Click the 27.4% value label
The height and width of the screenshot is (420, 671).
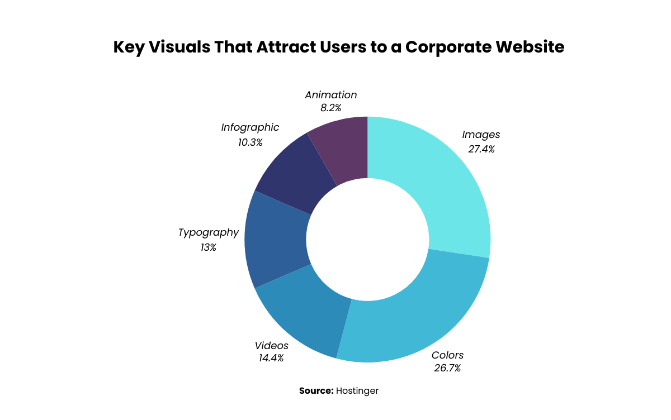pos(481,149)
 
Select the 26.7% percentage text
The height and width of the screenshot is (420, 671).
pos(447,368)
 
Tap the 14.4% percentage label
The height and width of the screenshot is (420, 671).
pos(271,358)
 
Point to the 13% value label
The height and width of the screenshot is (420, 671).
pos(209,247)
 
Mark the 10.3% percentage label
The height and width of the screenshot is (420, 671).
pos(250,142)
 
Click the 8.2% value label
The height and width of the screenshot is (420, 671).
pos(331,108)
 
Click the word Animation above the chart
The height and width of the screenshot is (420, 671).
pos(331,95)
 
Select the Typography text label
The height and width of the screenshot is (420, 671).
pos(209,232)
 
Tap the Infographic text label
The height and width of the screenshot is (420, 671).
pos(250,127)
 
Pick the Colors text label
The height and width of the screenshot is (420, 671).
pos(447,355)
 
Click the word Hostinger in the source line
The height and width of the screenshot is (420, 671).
pos(357,391)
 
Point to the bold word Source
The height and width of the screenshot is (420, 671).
pos(316,391)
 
